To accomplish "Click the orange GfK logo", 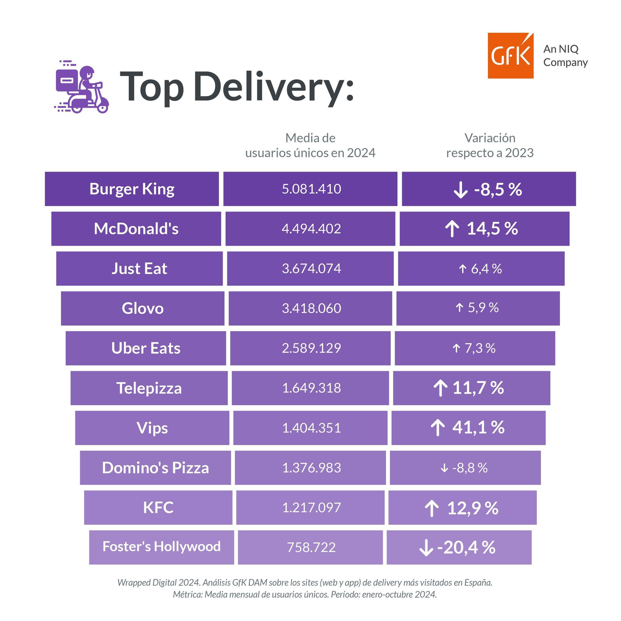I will tap(510, 56).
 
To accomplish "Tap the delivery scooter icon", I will tap(82, 87).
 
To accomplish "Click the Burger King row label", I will tap(132, 189).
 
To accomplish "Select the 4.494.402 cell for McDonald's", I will tap(311, 229).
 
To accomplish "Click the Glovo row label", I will tap(142, 309).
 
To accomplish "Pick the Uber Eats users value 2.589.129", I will tap(311, 348).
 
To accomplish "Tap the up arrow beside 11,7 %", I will tap(441, 388).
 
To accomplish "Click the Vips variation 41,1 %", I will tap(478, 428).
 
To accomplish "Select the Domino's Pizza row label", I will tap(155, 468).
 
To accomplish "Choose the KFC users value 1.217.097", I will tap(311, 508).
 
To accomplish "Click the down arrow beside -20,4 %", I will tap(426, 548).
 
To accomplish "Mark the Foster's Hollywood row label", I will tap(161, 546).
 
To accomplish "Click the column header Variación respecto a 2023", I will tap(490, 146).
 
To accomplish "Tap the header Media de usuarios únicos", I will tap(310, 146).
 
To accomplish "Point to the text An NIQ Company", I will tap(565, 56).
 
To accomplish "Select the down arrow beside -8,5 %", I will tap(460, 190).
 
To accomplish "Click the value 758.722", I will tap(311, 547).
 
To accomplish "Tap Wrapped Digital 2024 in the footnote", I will tap(159, 583).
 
